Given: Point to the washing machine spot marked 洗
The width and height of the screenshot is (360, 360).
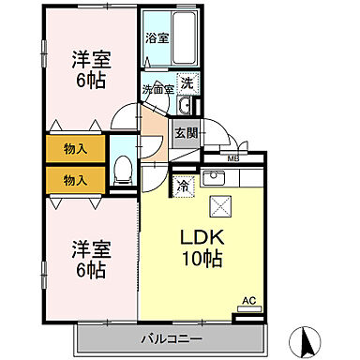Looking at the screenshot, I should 186,82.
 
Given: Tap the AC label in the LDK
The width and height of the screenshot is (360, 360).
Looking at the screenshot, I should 248,300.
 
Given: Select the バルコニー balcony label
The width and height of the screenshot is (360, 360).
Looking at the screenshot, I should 172,337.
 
